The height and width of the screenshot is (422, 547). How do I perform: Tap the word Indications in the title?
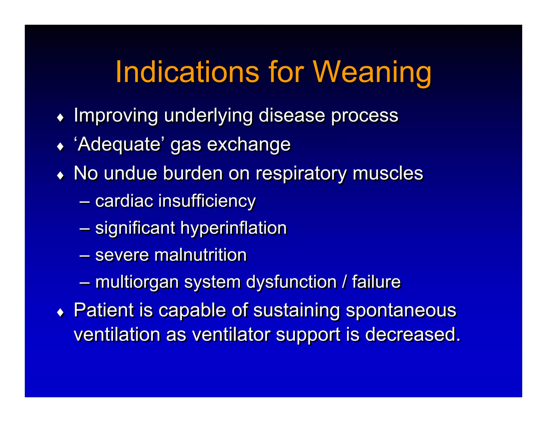click(x=187, y=72)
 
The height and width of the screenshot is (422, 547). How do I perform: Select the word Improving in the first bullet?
click(x=116, y=116)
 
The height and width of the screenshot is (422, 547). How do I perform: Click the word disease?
click(x=292, y=116)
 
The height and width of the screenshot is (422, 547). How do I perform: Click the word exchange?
click(x=249, y=144)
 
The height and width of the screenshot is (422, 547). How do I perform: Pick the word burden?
click(x=193, y=173)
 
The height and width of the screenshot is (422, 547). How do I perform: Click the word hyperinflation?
click(x=233, y=228)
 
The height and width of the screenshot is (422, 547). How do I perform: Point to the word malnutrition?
click(x=200, y=255)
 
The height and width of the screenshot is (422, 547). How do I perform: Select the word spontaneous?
click(x=401, y=310)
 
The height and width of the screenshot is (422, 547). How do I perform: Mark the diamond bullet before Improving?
click(x=61, y=118)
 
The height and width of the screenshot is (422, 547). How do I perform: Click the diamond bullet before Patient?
click(x=61, y=312)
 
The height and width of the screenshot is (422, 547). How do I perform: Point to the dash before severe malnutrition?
click(x=84, y=255)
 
